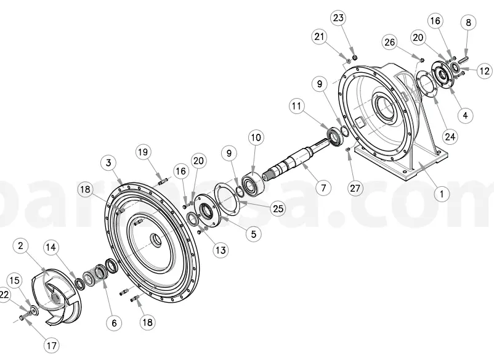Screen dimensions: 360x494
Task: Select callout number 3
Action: tap(108, 163)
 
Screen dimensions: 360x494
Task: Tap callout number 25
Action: tap(278, 208)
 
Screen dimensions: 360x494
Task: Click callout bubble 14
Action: tap(52, 247)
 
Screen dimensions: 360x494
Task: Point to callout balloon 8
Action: tap(469, 23)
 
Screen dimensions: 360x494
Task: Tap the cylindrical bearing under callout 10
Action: tap(253, 182)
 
